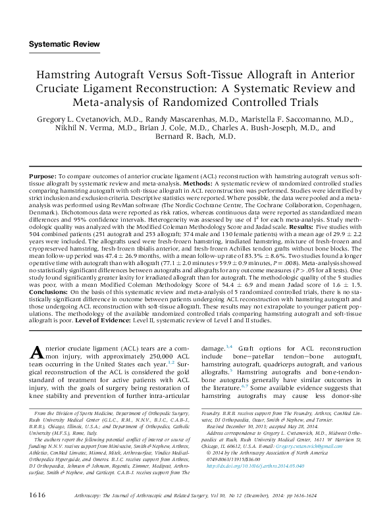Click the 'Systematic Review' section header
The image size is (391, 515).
65,44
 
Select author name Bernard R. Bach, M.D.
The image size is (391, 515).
195,136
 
